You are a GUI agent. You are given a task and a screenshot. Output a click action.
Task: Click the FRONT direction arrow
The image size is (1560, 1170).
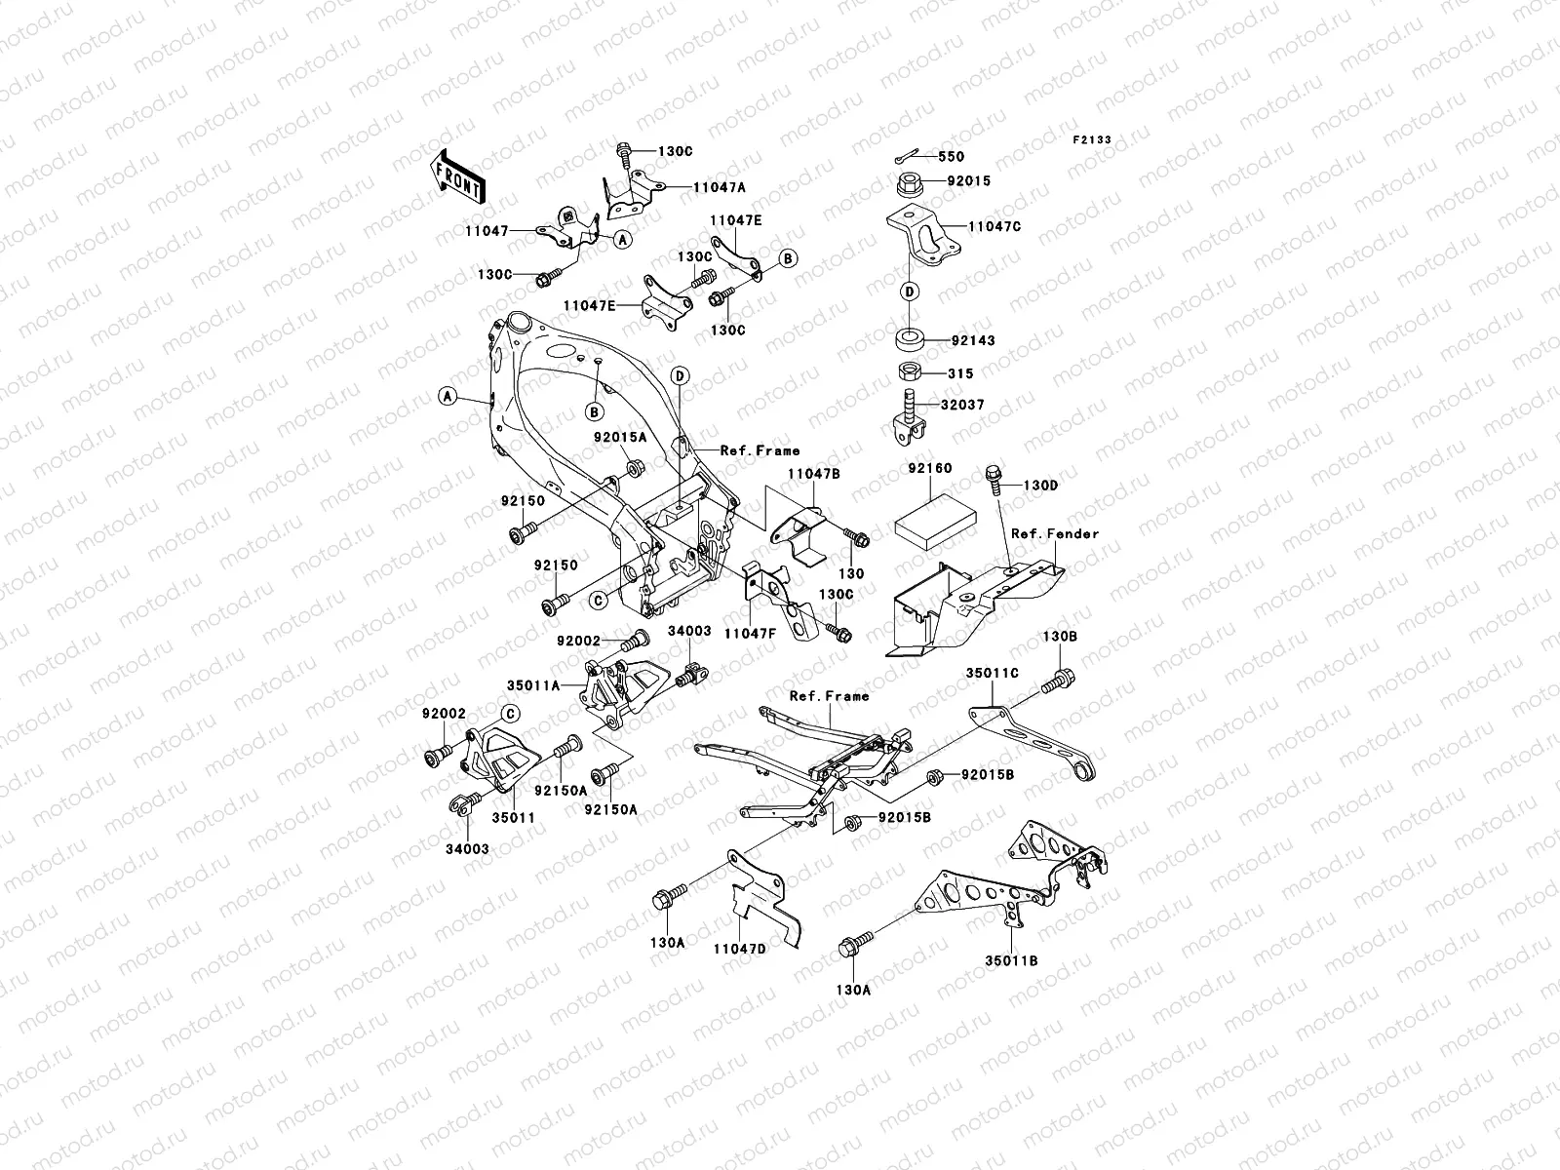click(457, 176)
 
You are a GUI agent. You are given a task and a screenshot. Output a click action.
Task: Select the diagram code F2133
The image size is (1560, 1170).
click(1092, 140)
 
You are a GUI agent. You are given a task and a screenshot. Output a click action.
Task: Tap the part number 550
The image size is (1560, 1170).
click(951, 157)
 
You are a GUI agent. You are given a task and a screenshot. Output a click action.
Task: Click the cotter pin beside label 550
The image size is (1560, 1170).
click(907, 156)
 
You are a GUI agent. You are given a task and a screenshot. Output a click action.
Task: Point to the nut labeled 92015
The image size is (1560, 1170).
click(909, 184)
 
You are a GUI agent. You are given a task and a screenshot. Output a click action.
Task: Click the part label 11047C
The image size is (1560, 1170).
click(995, 226)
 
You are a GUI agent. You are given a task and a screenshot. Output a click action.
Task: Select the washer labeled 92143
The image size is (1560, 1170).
click(910, 339)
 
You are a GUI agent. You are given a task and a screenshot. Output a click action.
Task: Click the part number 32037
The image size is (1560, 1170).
click(962, 405)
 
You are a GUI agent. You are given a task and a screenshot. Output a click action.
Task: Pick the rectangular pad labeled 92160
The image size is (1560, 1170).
click(935, 523)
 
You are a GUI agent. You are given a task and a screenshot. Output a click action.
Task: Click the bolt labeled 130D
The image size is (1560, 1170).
click(994, 480)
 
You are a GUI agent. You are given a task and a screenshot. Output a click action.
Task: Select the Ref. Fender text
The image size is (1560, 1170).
click(1055, 533)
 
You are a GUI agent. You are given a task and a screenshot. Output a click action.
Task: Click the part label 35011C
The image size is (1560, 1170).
click(992, 673)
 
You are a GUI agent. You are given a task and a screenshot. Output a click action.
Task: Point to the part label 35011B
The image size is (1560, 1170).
click(1011, 960)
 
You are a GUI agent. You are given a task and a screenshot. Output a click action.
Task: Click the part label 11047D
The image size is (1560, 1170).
click(740, 949)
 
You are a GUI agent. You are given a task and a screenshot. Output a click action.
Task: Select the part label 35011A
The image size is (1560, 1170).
click(533, 685)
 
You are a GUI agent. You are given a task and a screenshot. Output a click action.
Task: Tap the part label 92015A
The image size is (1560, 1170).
click(620, 438)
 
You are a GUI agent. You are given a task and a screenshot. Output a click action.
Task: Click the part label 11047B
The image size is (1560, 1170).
click(814, 474)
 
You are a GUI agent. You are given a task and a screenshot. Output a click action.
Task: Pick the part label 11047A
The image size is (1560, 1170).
click(720, 187)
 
